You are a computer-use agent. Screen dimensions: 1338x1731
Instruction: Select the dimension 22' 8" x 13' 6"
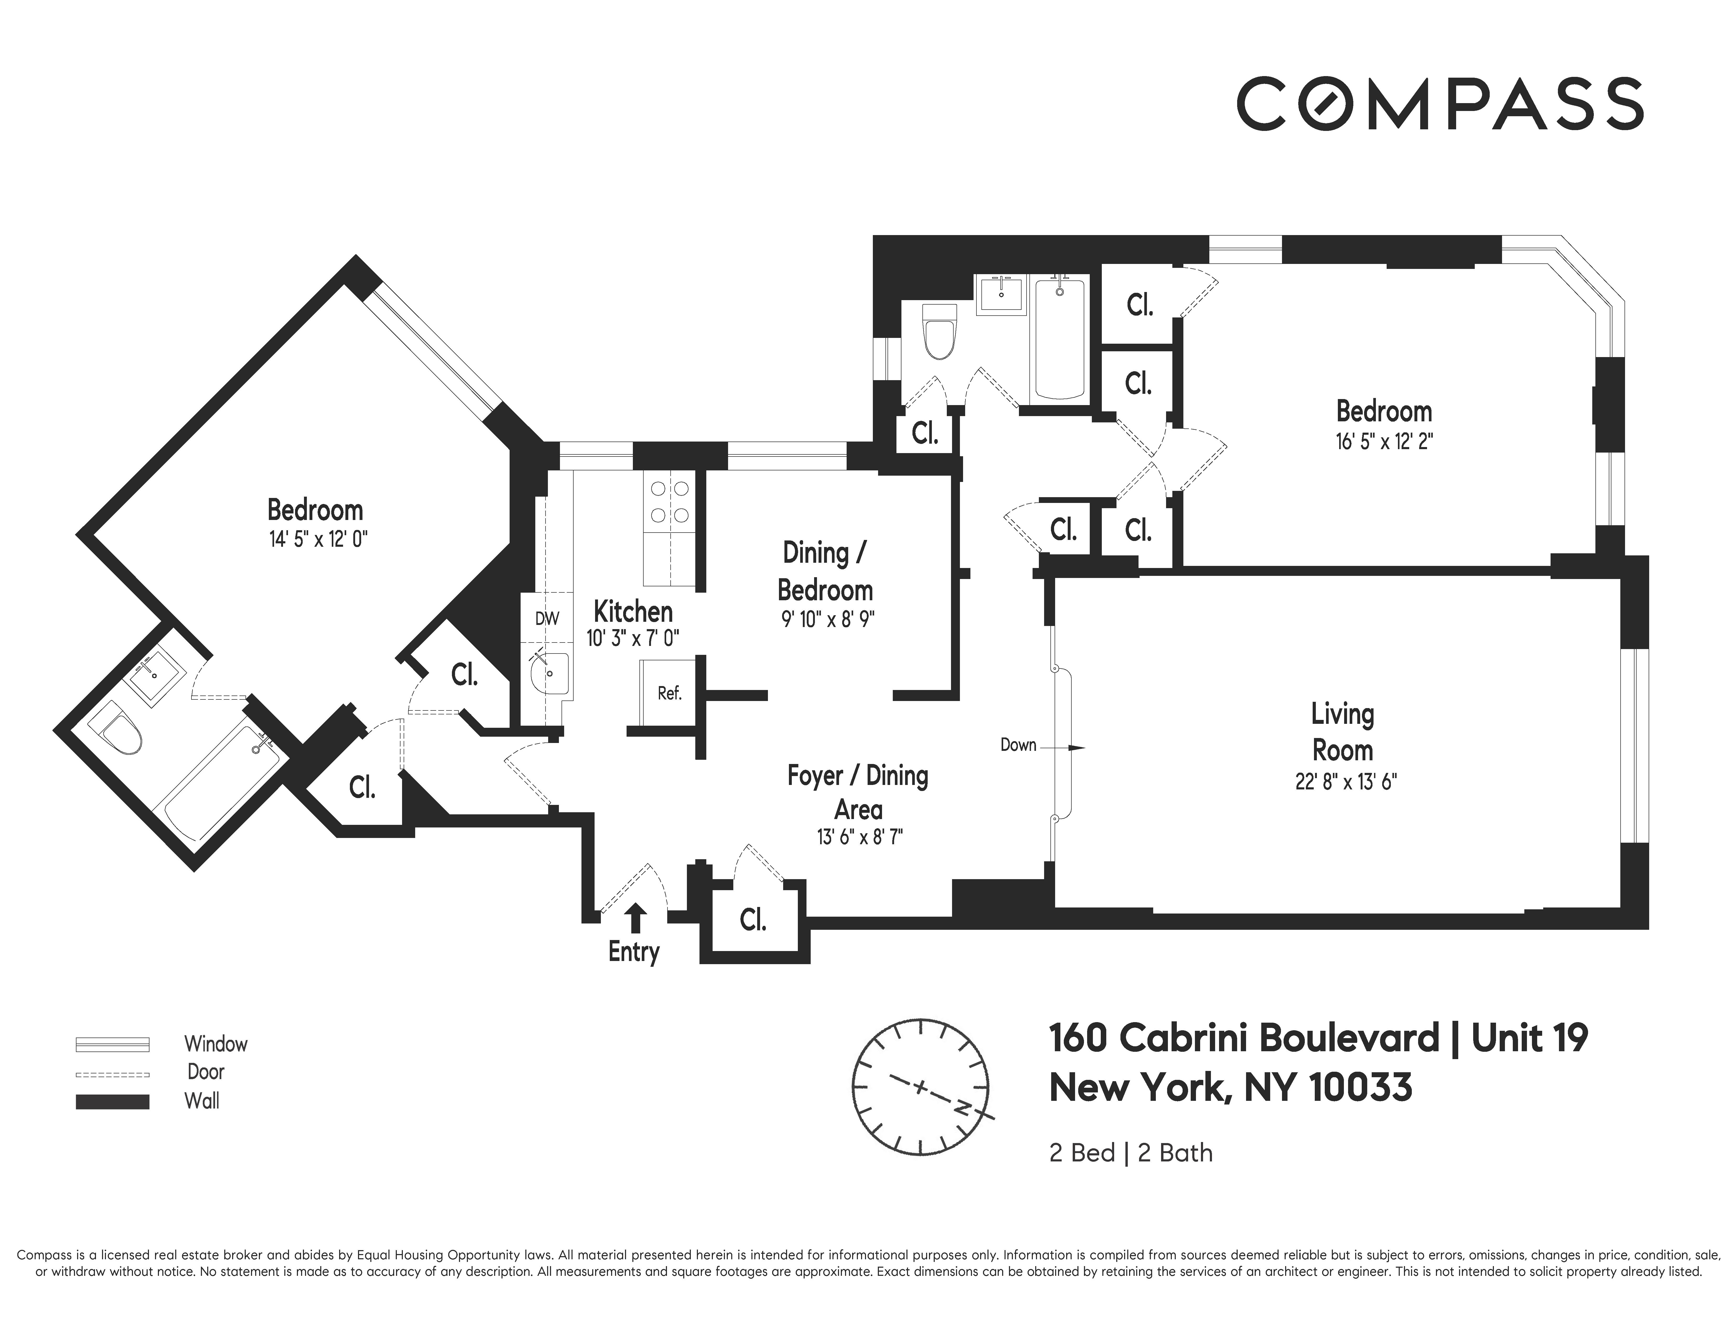point(1345,782)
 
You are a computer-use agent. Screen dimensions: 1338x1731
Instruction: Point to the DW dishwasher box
point(547,618)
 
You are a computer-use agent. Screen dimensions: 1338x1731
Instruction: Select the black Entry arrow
point(635,918)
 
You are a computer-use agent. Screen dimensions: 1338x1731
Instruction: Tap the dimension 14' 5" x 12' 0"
point(318,540)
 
